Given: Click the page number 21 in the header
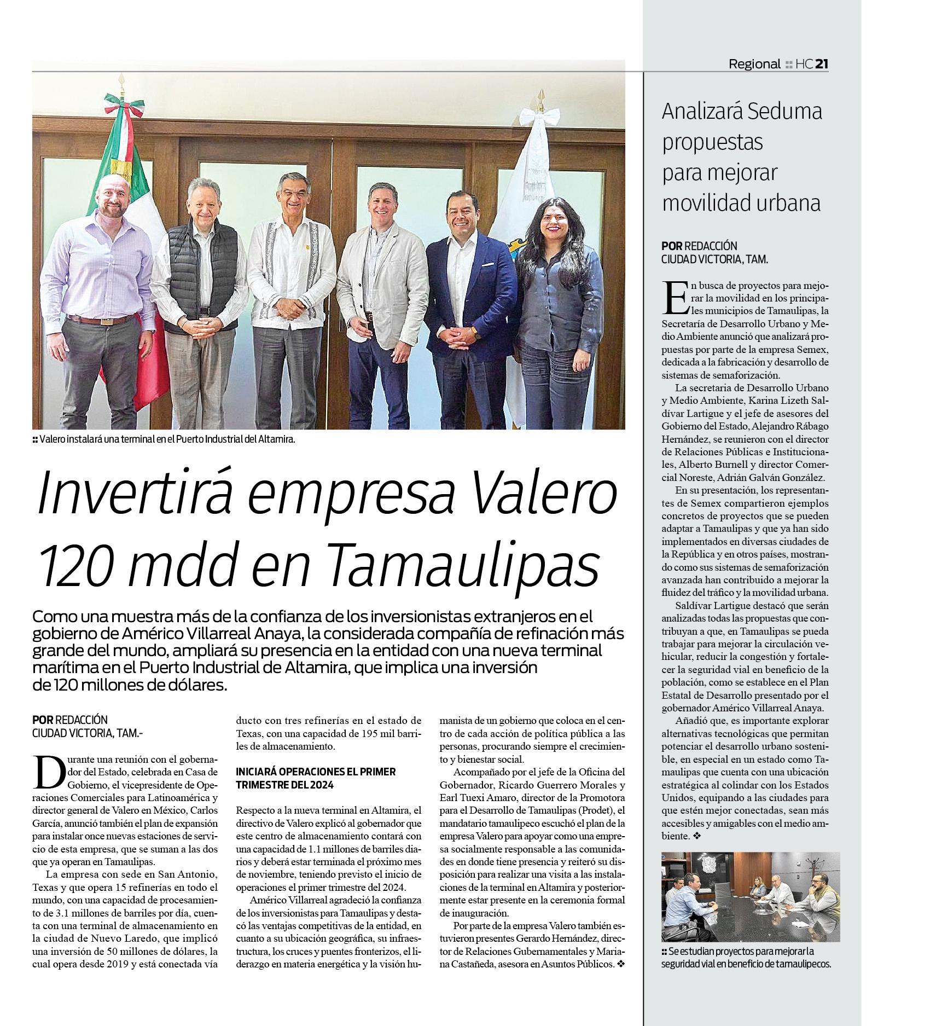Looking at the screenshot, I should (x=822, y=64).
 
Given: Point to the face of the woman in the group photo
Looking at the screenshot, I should (x=556, y=222).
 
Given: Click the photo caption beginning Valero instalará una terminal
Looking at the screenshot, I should (x=167, y=439).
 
